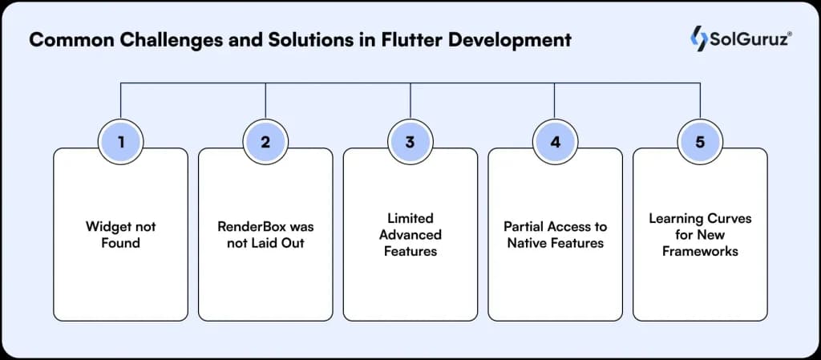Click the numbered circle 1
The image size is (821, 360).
pyautogui.click(x=120, y=143)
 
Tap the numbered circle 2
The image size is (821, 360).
pyautogui.click(x=265, y=143)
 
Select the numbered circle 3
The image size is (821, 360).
pyautogui.click(x=410, y=143)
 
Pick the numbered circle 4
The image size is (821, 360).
pyautogui.click(x=555, y=143)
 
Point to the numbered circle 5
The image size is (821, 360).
pyautogui.click(x=700, y=143)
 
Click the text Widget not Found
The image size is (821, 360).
pyautogui.click(x=120, y=235)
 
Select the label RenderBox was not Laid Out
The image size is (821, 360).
pyautogui.click(x=265, y=235)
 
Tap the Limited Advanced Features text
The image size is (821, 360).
pyautogui.click(x=410, y=234)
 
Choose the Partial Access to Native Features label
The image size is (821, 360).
pyautogui.click(x=555, y=235)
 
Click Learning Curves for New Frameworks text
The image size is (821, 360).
pyautogui.click(x=700, y=234)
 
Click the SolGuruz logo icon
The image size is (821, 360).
pyautogui.click(x=698, y=37)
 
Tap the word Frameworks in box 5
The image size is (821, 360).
pyautogui.click(x=700, y=250)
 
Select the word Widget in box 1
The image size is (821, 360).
pyautogui.click(x=107, y=227)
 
